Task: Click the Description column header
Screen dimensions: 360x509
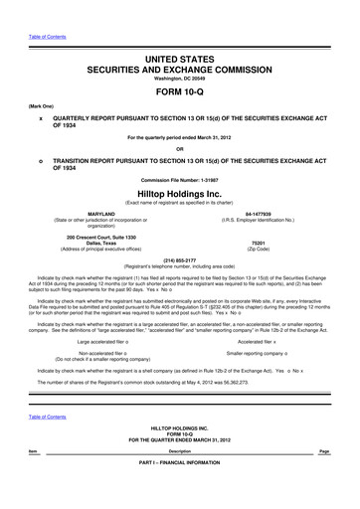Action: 180,479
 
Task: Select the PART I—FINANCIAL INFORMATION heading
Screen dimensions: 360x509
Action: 180,491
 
